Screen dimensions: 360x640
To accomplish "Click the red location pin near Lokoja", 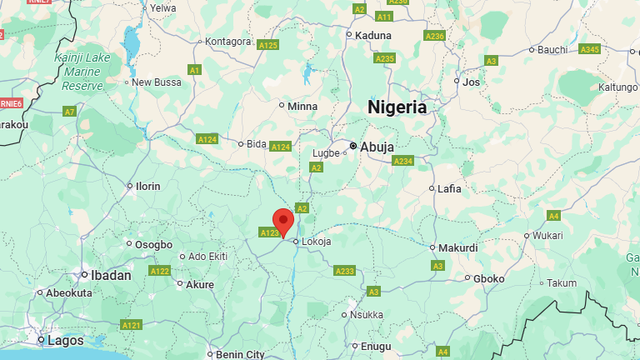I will tap(283, 222).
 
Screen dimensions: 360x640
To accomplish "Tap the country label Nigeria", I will tap(397, 107).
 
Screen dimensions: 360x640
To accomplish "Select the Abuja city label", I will tap(377, 147).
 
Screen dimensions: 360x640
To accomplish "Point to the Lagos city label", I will tap(65, 340).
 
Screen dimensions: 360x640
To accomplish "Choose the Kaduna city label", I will tap(372, 35).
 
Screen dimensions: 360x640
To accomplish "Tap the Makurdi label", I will tap(458, 247).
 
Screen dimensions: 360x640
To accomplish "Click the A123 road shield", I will tap(269, 232).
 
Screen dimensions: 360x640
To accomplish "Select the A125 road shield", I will tap(267, 45).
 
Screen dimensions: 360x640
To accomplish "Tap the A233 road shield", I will tap(344, 271).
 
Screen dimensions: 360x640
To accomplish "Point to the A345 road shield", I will tap(589, 50).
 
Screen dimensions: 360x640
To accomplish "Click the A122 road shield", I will tap(160, 271).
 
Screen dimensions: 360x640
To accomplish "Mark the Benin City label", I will tap(240, 354).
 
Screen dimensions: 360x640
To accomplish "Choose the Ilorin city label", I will tap(147, 186).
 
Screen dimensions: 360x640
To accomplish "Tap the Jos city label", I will tap(472, 82).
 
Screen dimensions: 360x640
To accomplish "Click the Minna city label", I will tap(302, 106).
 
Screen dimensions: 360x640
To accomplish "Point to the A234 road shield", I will tap(403, 161).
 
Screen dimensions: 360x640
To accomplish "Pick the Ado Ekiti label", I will tap(208, 256).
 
